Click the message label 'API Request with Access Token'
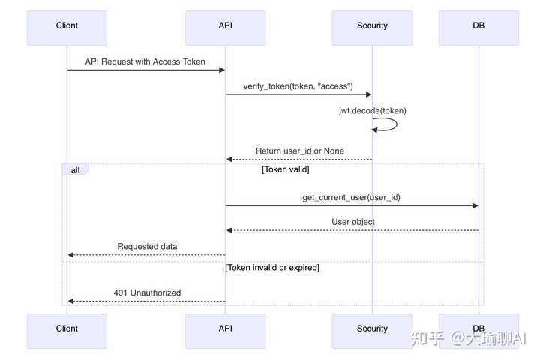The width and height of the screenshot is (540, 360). click(145, 61)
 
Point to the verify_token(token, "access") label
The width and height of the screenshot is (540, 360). click(298, 86)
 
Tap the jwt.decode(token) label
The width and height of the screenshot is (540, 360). click(372, 111)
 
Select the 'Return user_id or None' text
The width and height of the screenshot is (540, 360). click(300, 151)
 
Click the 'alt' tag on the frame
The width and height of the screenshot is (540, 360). click(75, 170)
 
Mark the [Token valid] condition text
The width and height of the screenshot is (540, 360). click(286, 170)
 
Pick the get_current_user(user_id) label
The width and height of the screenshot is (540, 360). click(350, 197)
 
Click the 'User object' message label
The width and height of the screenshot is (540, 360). click(352, 222)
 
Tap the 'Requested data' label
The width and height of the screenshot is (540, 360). click(147, 246)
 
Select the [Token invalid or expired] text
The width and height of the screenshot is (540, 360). click(272, 267)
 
